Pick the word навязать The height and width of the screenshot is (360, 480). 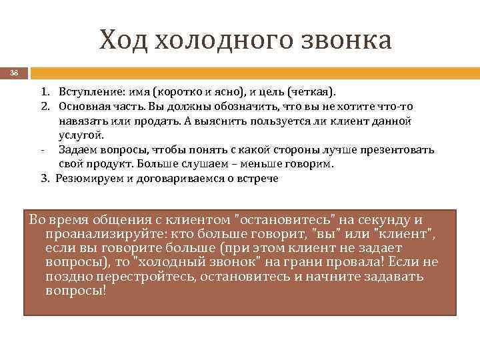82,121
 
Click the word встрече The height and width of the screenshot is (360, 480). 257,179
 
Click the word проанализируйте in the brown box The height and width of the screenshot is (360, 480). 93,234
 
